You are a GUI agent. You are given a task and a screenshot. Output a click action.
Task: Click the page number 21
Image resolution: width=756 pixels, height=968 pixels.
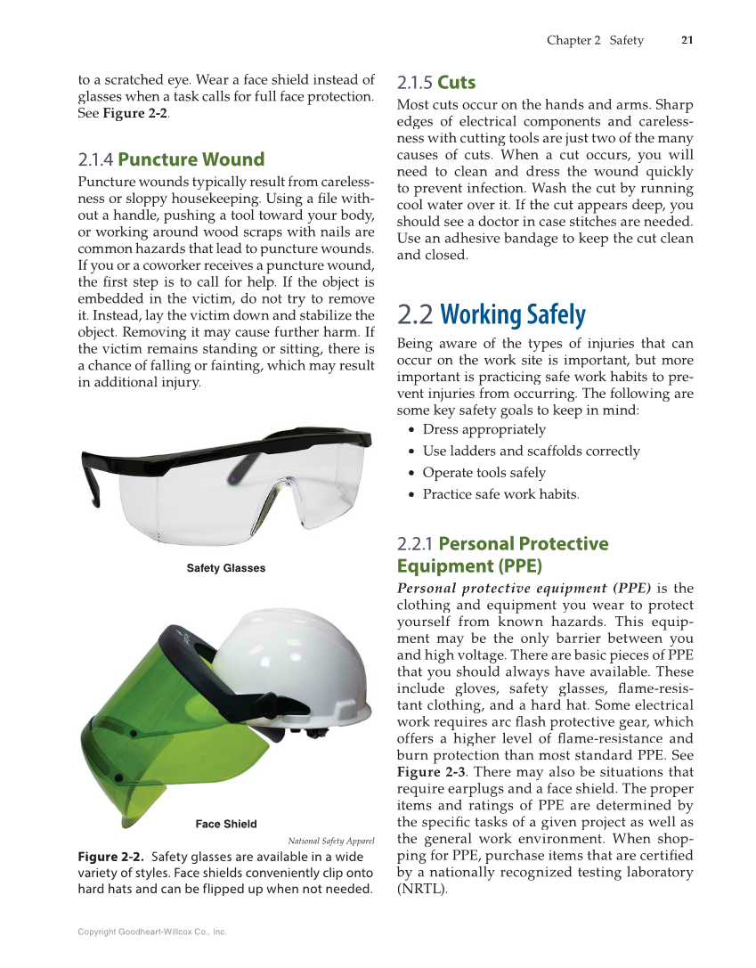(687, 40)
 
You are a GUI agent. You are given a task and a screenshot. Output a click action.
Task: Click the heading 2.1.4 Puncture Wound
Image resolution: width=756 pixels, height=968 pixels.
(171, 159)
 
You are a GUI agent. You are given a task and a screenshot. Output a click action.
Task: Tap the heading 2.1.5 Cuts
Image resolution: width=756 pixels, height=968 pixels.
(436, 83)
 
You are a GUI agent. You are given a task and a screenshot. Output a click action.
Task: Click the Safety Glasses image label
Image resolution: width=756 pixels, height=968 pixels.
(225, 568)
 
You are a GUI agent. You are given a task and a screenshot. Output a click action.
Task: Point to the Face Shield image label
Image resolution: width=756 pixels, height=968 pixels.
(226, 824)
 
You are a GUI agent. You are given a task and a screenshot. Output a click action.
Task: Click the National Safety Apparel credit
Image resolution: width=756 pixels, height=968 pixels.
(330, 841)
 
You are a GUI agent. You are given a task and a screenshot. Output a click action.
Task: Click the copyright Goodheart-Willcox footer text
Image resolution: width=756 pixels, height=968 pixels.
(152, 931)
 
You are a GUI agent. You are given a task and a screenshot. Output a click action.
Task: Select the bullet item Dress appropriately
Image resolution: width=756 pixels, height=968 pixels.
(484, 429)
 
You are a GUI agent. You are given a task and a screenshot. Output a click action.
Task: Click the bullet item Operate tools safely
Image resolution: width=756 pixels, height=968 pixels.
(484, 472)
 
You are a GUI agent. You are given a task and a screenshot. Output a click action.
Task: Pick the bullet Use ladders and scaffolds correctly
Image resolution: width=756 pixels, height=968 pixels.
(531, 451)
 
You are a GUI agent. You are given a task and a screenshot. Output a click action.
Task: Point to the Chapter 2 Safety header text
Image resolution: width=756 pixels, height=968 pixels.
(594, 40)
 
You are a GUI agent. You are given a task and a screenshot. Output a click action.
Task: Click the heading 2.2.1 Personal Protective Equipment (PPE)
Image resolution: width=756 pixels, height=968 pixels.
(501, 555)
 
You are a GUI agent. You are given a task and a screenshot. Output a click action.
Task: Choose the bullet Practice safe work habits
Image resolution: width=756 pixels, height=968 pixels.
(500, 493)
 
